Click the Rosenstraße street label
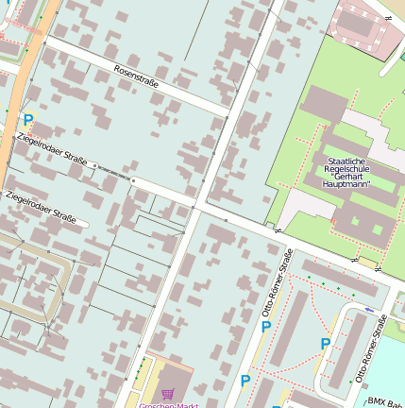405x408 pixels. pos(136,77)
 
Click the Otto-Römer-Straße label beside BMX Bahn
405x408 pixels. pos(371,348)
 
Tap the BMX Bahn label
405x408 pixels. pos(385,401)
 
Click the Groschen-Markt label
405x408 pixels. pos(167,405)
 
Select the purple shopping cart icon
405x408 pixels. pos(168,393)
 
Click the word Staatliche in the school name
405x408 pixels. pos(346,161)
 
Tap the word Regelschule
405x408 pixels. pos(346,169)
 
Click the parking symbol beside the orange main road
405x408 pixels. pos(27,120)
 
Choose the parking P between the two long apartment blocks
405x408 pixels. pos(325,344)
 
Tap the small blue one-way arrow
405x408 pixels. pos(367,310)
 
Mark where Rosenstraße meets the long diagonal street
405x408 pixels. pos(229,117)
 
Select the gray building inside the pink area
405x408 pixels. pos(357,22)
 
